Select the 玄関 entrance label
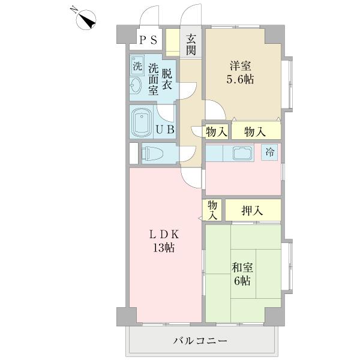pyautogui.click(x=191, y=44)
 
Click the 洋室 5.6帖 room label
pyautogui.click(x=239, y=72)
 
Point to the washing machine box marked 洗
pyautogui.click(x=137, y=66)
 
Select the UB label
pyautogui.click(x=165, y=129)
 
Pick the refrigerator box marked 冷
pyautogui.click(x=271, y=152)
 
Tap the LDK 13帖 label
pyautogui.click(x=163, y=240)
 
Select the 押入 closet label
pyautogui.click(x=253, y=211)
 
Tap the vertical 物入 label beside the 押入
pyautogui.click(x=212, y=211)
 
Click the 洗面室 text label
pyautogui.click(x=154, y=79)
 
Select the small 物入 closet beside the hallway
pyautogui.click(x=215, y=131)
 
